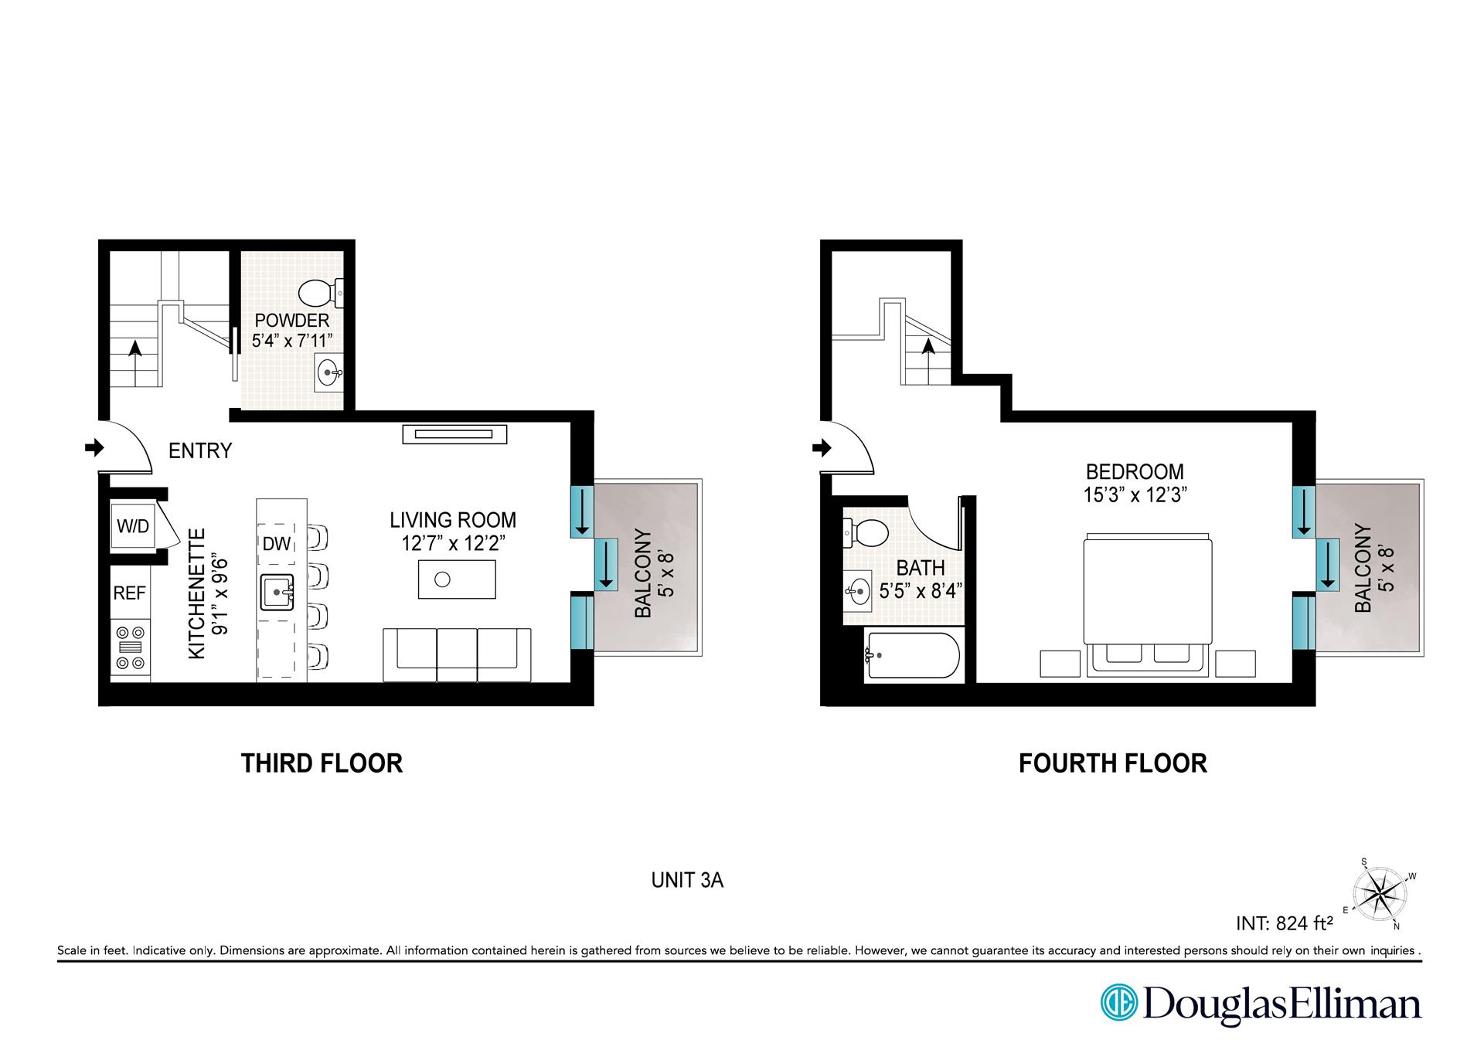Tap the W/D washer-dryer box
(x=133, y=526)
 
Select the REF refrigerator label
(x=130, y=593)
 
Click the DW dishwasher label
(x=276, y=544)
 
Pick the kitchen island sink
(x=277, y=593)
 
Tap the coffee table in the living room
(x=457, y=579)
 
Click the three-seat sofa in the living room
(x=457, y=655)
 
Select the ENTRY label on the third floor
(x=200, y=450)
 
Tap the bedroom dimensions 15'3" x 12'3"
(x=1135, y=494)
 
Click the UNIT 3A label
(x=687, y=880)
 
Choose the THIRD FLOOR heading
(x=322, y=763)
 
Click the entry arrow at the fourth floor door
(x=822, y=447)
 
